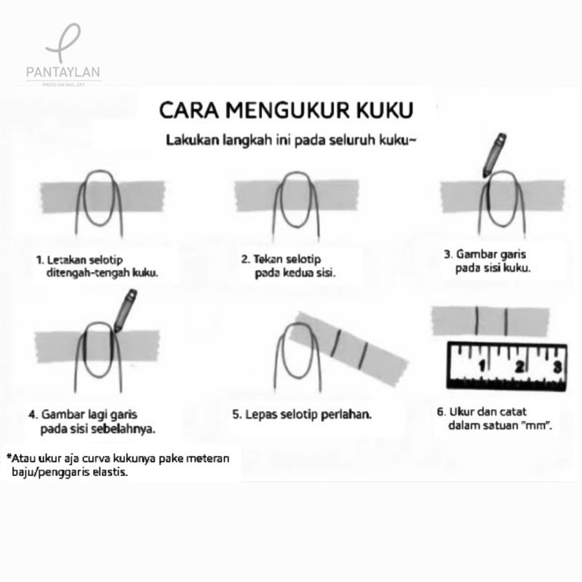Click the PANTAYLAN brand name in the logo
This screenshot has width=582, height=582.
pos(63,72)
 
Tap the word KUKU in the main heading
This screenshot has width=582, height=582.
pos(385,111)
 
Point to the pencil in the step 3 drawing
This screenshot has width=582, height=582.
pos(495,155)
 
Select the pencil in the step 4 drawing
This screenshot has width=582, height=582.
pos(125,311)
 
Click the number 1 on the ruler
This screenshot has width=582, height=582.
pos(482,367)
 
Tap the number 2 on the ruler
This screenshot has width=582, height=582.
pos(519,367)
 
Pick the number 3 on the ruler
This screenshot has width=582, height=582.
pos(557,367)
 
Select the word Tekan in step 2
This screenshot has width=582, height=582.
pos(268,259)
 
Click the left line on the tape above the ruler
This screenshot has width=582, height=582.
pos(477,320)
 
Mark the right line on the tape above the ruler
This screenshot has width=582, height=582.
pos(506,321)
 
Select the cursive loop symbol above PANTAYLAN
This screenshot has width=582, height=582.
pos(63,43)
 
